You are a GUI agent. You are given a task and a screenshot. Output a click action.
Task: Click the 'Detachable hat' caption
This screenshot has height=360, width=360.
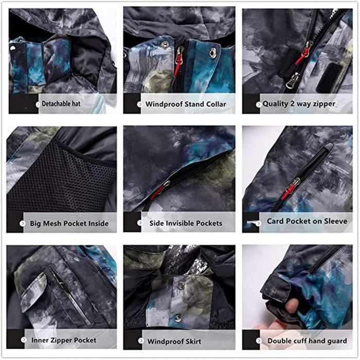tap(61, 104)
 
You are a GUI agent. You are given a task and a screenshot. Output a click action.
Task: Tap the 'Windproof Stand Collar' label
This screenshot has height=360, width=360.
tap(186, 104)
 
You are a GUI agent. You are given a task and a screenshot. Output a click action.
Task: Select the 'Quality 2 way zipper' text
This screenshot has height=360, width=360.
tap(299, 104)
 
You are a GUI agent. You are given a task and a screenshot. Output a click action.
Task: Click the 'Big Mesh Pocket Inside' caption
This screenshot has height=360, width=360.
tap(69, 223)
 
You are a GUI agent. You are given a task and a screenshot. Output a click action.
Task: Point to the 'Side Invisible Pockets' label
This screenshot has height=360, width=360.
tap(186, 223)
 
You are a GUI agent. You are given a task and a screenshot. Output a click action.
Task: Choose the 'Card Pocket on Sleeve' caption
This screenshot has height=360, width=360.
tap(307, 221)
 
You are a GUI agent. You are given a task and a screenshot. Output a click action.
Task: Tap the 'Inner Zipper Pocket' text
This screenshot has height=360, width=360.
tap(64, 340)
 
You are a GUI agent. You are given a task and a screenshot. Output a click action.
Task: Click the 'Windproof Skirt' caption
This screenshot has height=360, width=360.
tap(174, 341)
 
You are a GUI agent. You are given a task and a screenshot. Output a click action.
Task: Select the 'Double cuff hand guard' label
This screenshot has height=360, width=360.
tap(307, 341)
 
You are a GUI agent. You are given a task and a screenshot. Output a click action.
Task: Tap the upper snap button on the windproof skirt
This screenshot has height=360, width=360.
tap(181, 285)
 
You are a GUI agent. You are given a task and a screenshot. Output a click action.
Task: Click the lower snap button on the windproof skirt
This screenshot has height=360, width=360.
tap(177, 318)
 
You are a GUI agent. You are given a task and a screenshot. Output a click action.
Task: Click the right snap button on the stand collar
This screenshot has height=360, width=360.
tap(212, 52)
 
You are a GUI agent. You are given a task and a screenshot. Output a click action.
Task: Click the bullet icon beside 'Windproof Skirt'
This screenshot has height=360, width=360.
tap(141, 341)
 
